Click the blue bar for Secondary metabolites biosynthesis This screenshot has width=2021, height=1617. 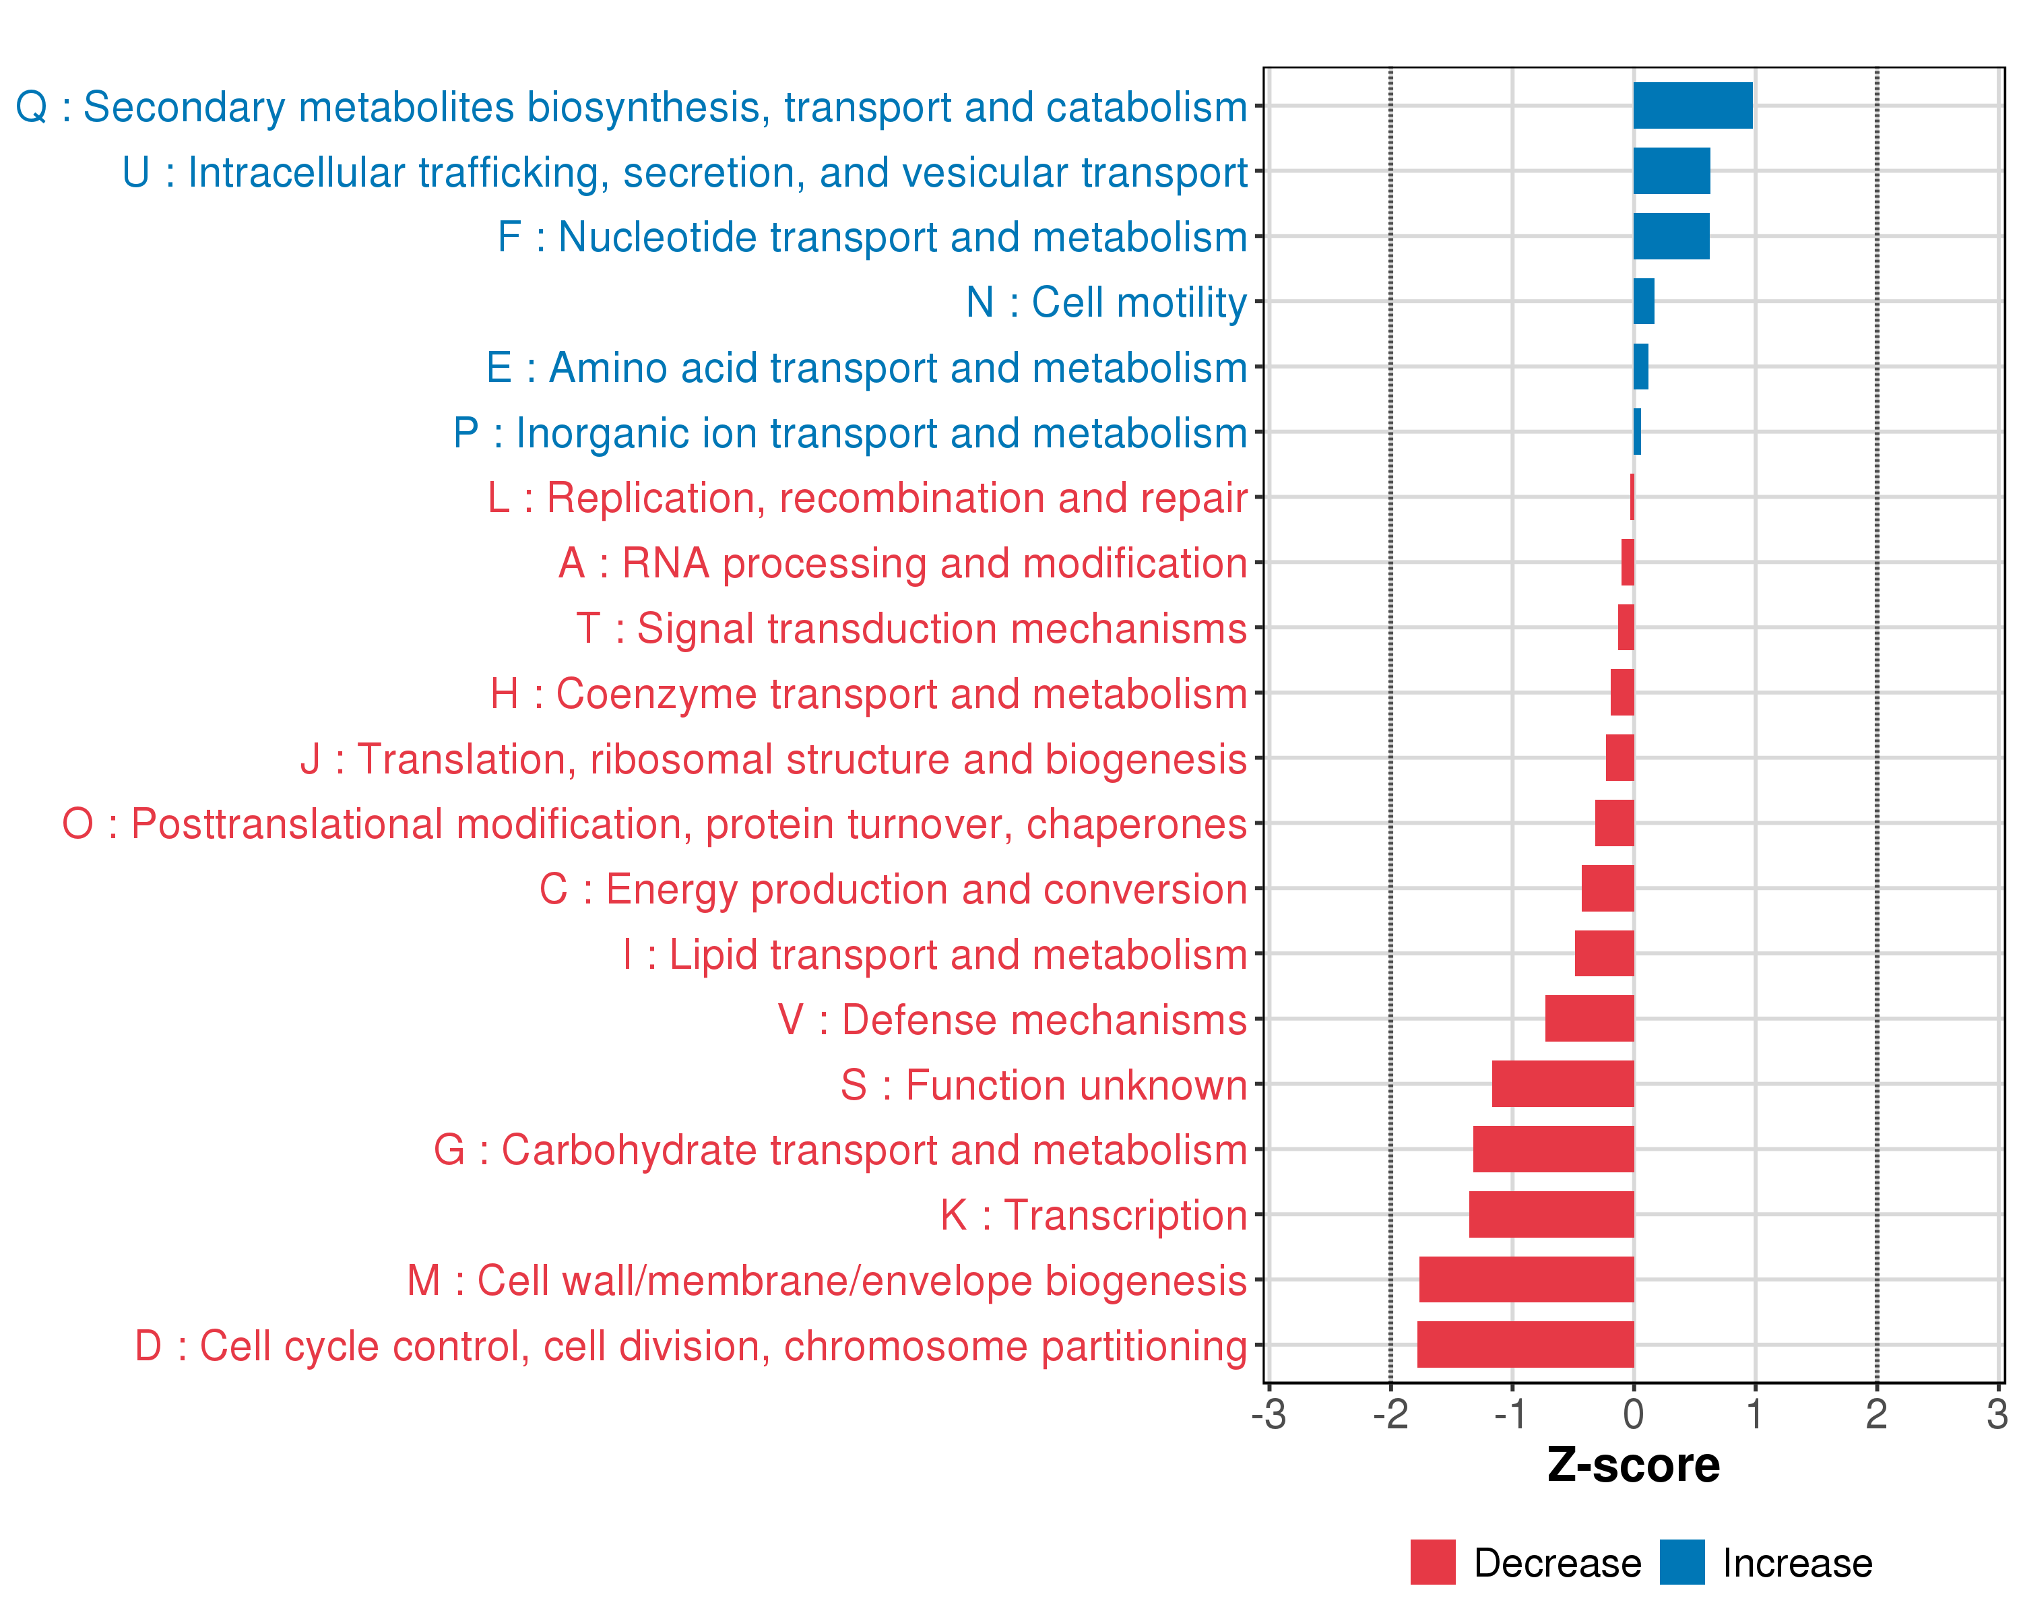1692,106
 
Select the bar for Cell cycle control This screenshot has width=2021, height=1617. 1525,1344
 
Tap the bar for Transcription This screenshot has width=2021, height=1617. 1551,1214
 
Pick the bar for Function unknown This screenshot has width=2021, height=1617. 1563,1083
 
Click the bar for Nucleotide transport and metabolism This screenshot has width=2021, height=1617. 1671,236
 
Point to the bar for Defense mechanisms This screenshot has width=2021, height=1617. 1589,1019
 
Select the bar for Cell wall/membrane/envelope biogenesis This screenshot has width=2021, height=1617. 1526,1279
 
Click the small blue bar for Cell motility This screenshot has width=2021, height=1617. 1643,302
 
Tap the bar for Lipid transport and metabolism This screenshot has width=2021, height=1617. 1604,953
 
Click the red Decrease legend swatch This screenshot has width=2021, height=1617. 1432,1562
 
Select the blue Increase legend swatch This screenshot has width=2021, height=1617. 1681,1562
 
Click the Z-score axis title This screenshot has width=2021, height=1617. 1633,1465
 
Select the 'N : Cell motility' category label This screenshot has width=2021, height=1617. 1106,303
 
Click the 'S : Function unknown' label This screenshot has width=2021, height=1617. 1044,1085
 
